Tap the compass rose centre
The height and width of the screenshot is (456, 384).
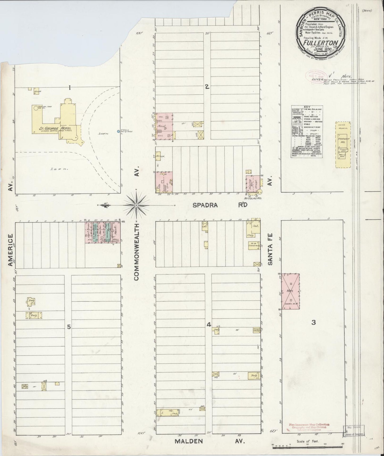pos(136,205)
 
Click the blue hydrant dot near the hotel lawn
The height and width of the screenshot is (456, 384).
pos(119,131)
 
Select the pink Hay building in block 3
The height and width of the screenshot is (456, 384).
pos(290,291)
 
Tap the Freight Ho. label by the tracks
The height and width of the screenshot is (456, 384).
pos(342,141)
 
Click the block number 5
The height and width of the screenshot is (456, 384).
pos(69,327)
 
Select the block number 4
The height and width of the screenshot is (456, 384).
pos(209,325)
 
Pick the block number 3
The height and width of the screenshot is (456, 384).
pos(314,323)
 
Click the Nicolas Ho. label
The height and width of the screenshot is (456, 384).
pos(252,198)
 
